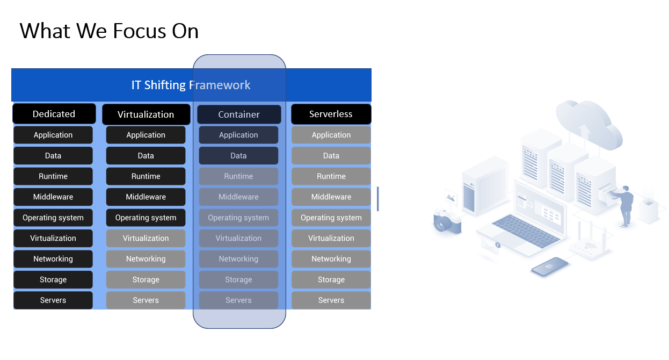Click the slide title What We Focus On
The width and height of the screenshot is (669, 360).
coord(109,31)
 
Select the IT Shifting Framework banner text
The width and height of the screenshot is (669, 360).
coord(191,85)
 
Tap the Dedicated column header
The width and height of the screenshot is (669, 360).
coord(54,113)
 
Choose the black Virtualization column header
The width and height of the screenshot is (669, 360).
coord(146,114)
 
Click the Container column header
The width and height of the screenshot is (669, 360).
coord(239,114)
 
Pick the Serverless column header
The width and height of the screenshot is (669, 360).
coord(331,114)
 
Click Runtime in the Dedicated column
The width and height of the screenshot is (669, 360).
coord(53,176)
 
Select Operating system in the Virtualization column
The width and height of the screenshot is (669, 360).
coord(146,218)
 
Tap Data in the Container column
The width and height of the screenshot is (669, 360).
coord(238,155)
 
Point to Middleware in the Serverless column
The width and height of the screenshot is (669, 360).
coord(331,197)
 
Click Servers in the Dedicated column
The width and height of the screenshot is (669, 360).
coord(53,300)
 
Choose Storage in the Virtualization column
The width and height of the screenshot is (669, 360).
coord(146,279)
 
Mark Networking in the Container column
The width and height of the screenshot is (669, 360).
coord(238,258)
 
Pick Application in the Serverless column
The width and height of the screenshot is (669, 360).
coord(331,135)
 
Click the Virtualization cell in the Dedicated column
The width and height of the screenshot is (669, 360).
coord(53,238)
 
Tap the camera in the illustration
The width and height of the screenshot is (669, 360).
coord(447,221)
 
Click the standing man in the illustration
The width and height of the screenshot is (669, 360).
coord(624,206)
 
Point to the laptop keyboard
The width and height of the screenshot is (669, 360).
coord(526,231)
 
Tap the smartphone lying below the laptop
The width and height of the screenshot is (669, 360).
coord(550,267)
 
